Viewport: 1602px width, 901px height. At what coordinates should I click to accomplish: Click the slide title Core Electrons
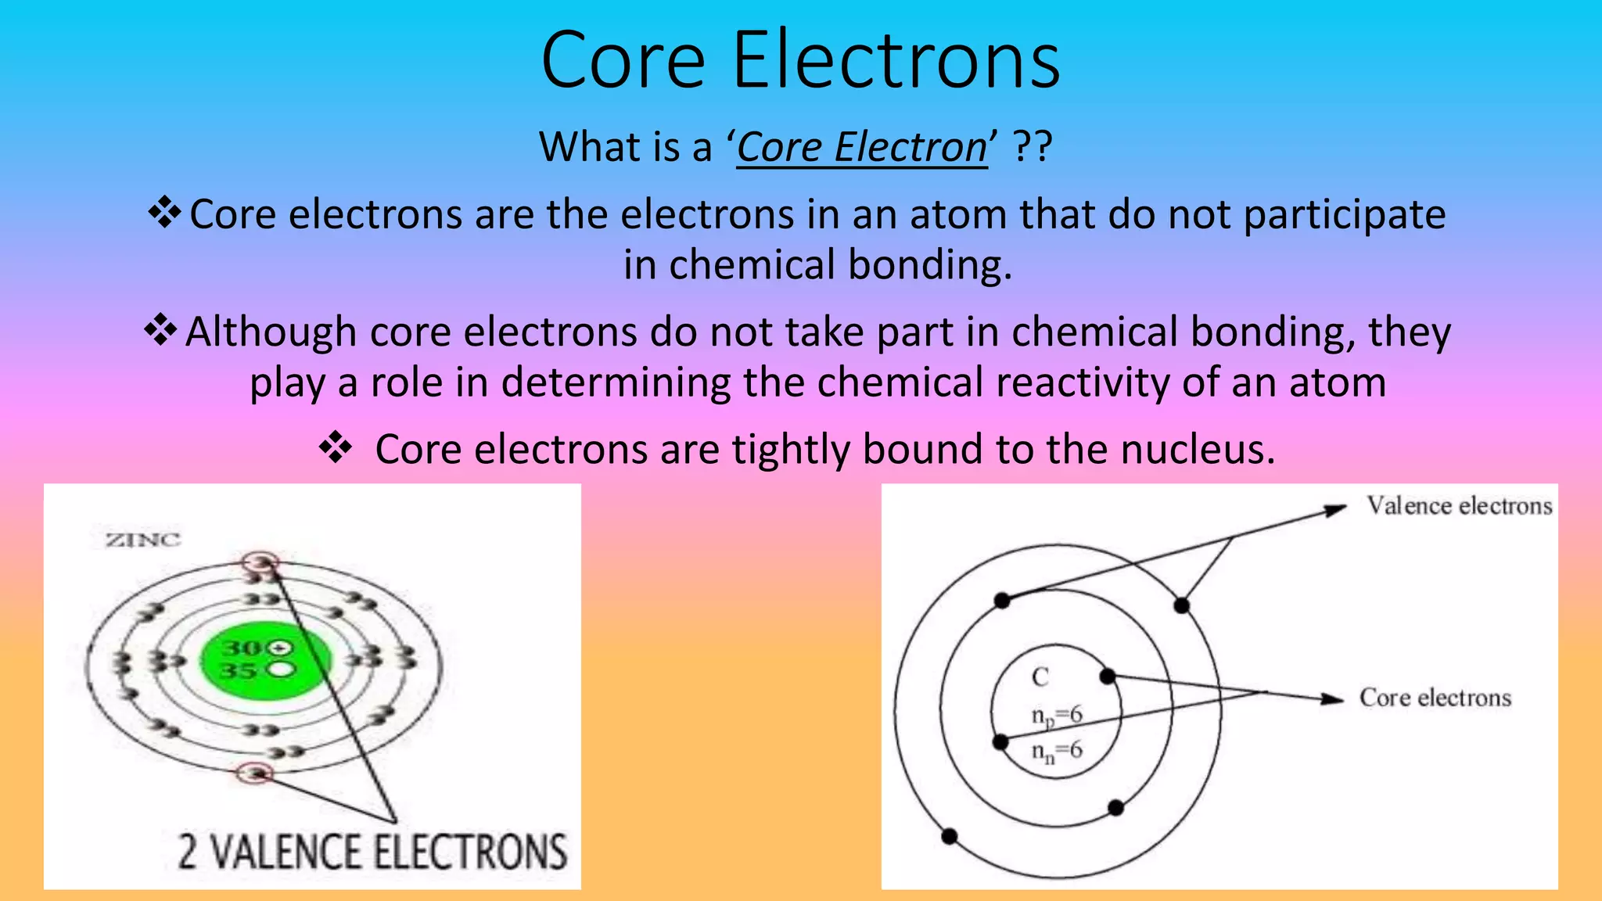tap(800, 61)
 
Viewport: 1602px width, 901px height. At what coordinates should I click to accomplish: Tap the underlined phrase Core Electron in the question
tap(861, 147)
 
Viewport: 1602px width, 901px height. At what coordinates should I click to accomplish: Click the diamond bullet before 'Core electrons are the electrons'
tap(164, 213)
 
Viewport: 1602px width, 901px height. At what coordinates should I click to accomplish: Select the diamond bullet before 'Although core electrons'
tap(160, 330)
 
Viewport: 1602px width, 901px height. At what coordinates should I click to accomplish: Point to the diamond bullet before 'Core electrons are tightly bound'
tap(336, 448)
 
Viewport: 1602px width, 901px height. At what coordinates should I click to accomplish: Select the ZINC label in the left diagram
tap(143, 540)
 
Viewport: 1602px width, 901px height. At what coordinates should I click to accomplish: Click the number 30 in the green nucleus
tap(242, 648)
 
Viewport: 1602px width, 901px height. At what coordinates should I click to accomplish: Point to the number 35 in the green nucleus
tap(239, 671)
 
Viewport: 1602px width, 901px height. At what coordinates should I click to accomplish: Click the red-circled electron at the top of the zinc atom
tap(260, 562)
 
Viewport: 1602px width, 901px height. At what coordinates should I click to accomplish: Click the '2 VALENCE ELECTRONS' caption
tap(372, 852)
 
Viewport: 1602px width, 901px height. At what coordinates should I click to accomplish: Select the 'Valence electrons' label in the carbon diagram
tap(1459, 506)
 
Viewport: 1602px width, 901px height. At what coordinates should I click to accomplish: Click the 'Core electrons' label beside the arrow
tap(1435, 698)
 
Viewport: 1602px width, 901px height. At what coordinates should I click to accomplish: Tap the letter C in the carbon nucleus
tap(1040, 677)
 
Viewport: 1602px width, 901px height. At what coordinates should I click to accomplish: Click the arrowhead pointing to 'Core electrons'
tap(1333, 698)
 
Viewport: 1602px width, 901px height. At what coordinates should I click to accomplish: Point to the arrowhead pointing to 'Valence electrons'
tap(1335, 511)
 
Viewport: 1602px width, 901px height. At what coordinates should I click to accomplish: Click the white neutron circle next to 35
tap(282, 670)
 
